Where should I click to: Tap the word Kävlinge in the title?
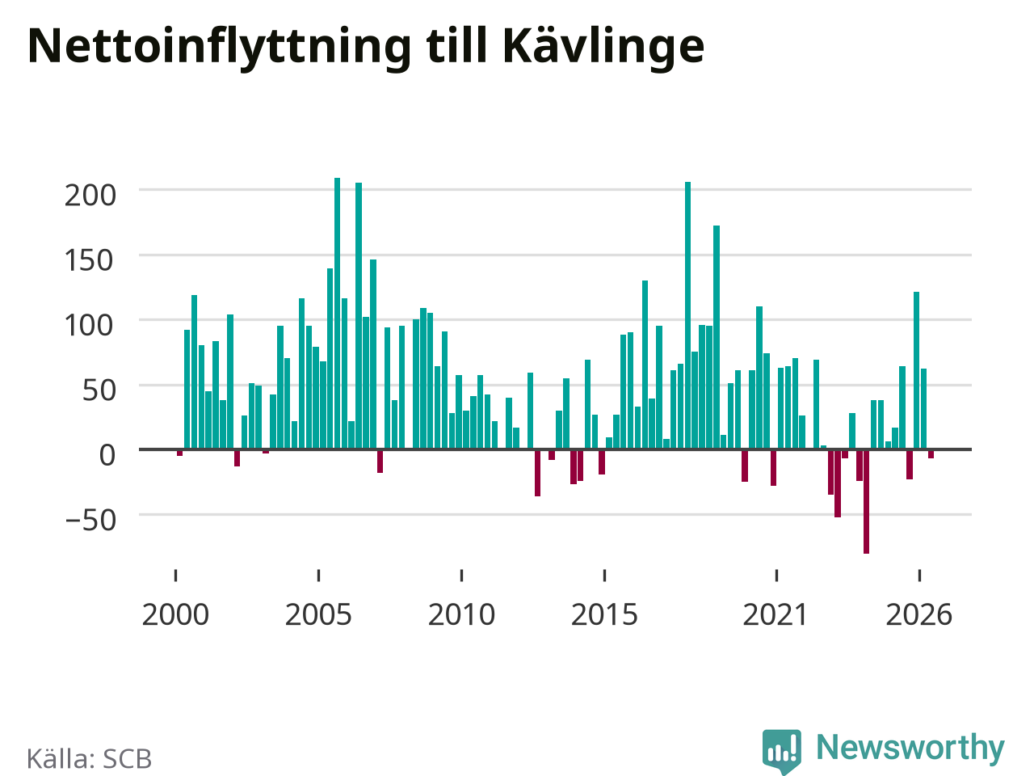(x=603, y=47)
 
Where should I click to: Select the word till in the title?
(x=456, y=45)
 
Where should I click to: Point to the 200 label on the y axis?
(x=90, y=195)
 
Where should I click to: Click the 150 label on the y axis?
(x=89, y=260)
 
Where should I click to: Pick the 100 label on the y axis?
(x=89, y=325)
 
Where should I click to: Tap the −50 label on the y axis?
(x=90, y=520)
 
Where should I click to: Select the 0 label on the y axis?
(x=107, y=455)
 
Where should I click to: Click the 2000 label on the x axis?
(x=175, y=615)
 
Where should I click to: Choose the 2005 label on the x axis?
(x=318, y=615)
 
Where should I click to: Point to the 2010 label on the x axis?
(x=461, y=615)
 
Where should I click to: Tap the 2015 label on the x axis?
(x=604, y=615)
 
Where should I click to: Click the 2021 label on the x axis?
(x=775, y=615)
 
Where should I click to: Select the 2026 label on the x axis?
(x=919, y=615)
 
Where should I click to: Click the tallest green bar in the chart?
(x=338, y=314)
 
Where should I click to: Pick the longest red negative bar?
(x=866, y=502)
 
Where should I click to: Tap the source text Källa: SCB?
(x=89, y=758)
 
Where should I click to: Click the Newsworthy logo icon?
(x=782, y=751)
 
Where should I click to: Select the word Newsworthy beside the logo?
(x=910, y=748)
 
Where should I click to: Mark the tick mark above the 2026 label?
(x=919, y=576)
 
